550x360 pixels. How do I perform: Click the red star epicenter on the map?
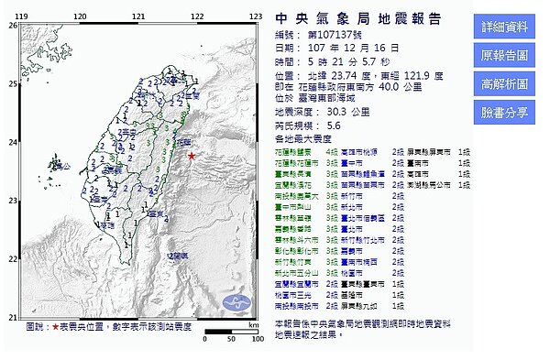point(191,157)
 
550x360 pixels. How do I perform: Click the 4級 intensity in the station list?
point(335,147)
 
